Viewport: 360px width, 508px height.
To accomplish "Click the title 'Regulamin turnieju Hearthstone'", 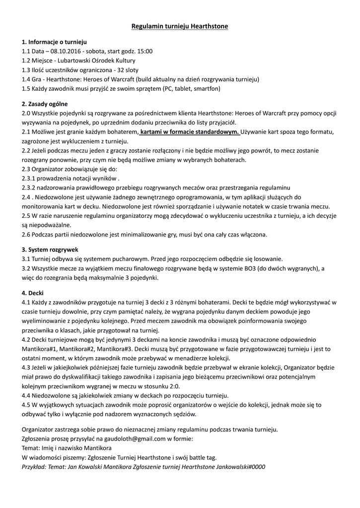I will tap(180, 26).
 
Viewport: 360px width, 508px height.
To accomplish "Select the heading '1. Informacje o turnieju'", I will tap(55, 42).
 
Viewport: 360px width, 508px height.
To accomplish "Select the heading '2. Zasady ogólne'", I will tap(45, 104).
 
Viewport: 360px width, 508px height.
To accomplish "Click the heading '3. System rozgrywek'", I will tap(50, 250).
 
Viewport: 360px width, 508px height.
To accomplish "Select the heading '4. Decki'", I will tap(33, 293).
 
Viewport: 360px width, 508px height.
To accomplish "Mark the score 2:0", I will tap(173, 386).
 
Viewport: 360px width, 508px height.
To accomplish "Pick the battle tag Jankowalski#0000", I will tap(241, 467).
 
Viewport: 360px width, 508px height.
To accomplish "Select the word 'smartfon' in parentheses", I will tap(206, 88).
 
